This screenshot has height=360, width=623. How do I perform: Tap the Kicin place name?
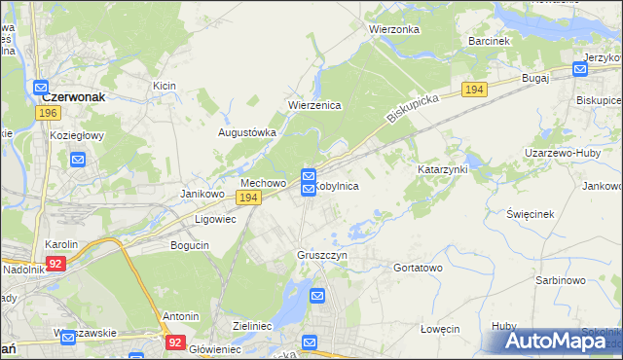click(x=164, y=87)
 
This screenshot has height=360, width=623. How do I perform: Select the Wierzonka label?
click(x=393, y=29)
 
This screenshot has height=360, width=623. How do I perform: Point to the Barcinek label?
click(x=489, y=42)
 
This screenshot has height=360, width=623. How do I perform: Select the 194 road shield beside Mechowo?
click(x=248, y=198)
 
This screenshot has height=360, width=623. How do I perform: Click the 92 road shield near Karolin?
click(x=57, y=263)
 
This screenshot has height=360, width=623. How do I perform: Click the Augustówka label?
click(x=246, y=132)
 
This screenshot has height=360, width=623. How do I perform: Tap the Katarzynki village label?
click(x=443, y=169)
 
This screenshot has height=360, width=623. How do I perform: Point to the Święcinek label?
click(x=531, y=213)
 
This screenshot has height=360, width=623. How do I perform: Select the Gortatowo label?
click(x=418, y=267)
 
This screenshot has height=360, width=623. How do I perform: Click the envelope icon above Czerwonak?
click(x=42, y=86)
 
